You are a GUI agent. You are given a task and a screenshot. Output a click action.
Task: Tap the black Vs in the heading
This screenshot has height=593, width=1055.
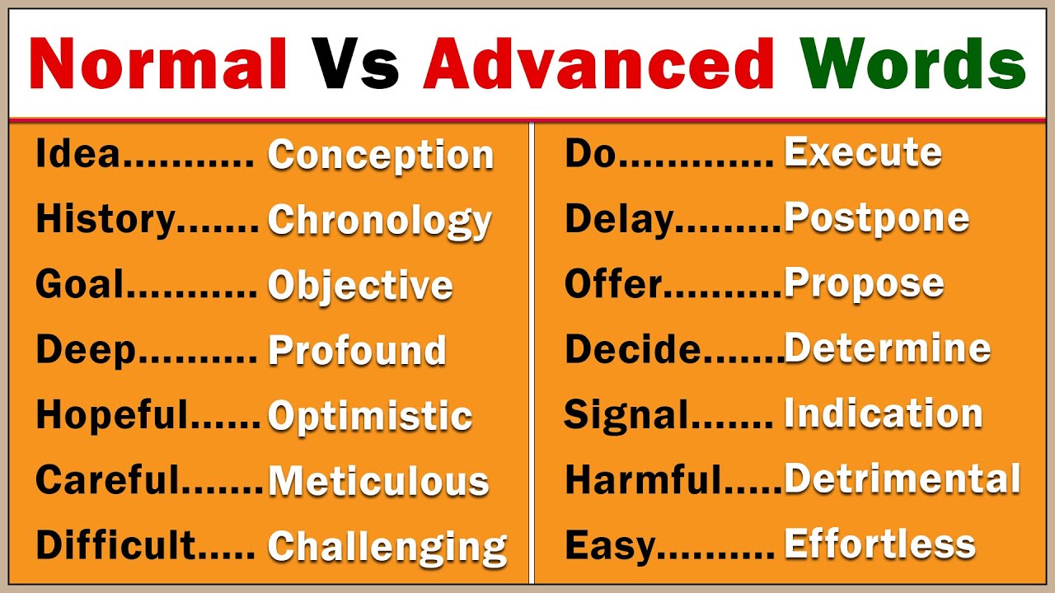pyautogui.click(x=354, y=64)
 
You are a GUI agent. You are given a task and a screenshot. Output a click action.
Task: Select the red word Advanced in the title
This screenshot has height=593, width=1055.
pyautogui.click(x=598, y=64)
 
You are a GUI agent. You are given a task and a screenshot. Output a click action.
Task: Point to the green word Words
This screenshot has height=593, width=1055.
pyautogui.click(x=912, y=64)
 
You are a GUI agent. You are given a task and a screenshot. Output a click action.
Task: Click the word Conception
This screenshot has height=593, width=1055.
pyautogui.click(x=381, y=156)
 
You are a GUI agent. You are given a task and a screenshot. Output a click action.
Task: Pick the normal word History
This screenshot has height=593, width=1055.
pyautogui.click(x=105, y=220)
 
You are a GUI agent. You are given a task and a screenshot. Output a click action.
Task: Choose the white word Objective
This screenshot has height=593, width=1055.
pyautogui.click(x=360, y=285)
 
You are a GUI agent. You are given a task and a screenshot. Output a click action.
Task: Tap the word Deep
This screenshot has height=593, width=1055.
pyautogui.click(x=85, y=351)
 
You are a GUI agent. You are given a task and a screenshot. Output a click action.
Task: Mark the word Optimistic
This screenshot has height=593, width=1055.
pyautogui.click(x=370, y=416)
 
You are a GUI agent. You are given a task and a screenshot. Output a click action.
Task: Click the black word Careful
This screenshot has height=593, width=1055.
pyautogui.click(x=107, y=480)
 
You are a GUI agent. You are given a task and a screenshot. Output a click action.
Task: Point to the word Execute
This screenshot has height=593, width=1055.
pyautogui.click(x=862, y=153)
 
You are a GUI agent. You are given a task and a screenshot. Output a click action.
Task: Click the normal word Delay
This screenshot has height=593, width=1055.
pyautogui.click(x=619, y=219)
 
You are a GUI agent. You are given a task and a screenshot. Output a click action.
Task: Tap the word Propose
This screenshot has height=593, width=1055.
pyautogui.click(x=864, y=284)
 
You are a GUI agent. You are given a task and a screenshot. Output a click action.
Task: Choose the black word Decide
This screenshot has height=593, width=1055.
pyautogui.click(x=632, y=350)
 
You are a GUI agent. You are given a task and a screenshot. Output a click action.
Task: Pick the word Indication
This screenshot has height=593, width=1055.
pyautogui.click(x=883, y=414)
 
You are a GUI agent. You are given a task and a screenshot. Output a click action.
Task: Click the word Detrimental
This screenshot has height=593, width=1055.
pyautogui.click(x=902, y=479)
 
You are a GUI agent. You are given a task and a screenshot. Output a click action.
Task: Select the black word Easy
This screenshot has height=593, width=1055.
pyautogui.click(x=610, y=545)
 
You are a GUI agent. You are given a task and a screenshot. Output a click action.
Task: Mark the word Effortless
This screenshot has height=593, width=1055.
pyautogui.click(x=879, y=544)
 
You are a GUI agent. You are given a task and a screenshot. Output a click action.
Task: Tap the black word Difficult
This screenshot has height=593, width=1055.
pyautogui.click(x=116, y=545)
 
